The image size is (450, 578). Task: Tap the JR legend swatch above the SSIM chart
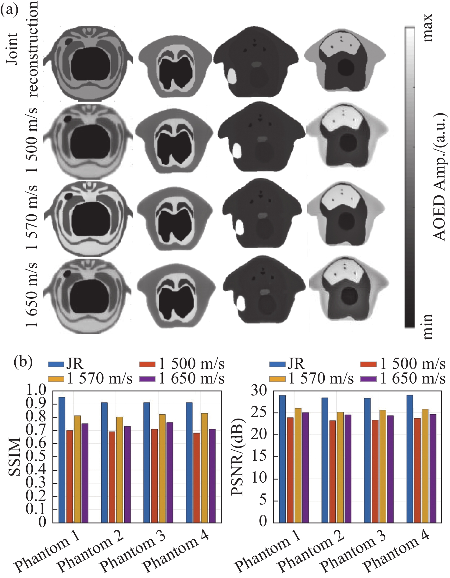56,364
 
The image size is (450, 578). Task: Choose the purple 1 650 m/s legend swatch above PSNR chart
368,379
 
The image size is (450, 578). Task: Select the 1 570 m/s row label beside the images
32,217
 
